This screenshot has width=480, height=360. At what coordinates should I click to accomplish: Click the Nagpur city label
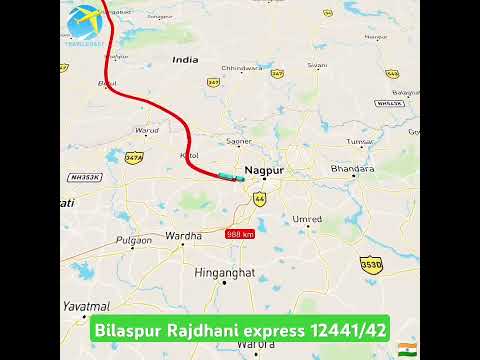(x=264, y=171)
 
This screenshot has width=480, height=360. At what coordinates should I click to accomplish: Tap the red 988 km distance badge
(x=240, y=234)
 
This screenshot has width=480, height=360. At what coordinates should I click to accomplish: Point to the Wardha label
(x=183, y=236)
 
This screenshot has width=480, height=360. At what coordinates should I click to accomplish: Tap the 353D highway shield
(x=370, y=263)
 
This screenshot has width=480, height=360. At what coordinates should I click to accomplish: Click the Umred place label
(x=306, y=217)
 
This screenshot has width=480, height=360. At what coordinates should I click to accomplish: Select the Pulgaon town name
(x=133, y=241)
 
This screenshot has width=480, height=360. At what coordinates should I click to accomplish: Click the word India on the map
(x=185, y=60)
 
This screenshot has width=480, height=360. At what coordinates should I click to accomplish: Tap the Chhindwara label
(x=240, y=67)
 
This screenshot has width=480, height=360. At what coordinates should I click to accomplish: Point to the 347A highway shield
(x=134, y=157)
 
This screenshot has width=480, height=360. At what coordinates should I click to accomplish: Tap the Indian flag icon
(x=407, y=346)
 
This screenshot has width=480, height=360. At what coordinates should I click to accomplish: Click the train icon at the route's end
(x=229, y=177)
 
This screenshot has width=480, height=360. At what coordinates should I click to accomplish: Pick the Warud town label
(x=147, y=129)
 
